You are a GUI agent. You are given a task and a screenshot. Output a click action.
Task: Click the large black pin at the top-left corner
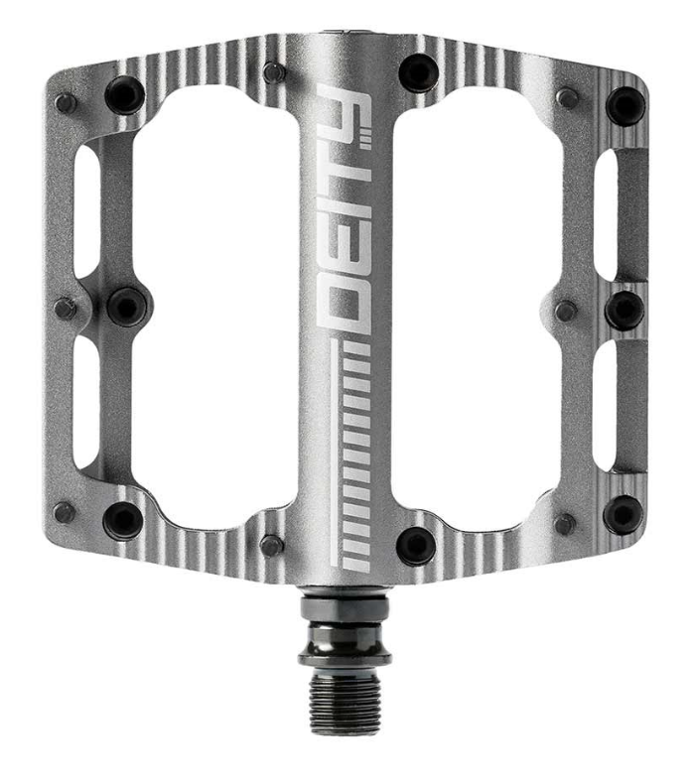point(125,94)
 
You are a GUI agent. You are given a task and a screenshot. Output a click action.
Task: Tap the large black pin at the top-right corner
point(625,106)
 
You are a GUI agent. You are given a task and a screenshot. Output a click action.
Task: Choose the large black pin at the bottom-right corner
point(624,514)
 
